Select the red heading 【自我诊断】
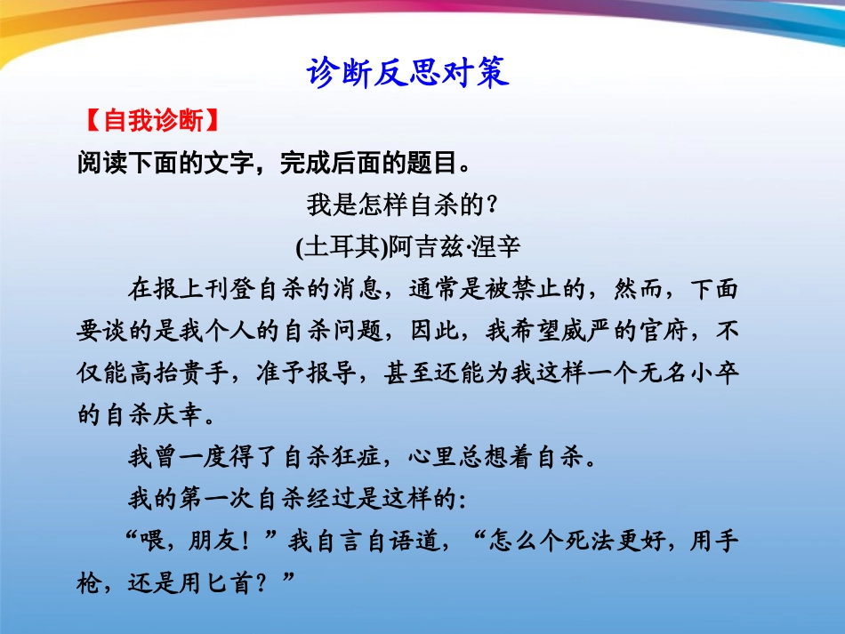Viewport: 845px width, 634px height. [149, 121]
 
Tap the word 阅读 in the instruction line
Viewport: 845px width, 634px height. [101, 163]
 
